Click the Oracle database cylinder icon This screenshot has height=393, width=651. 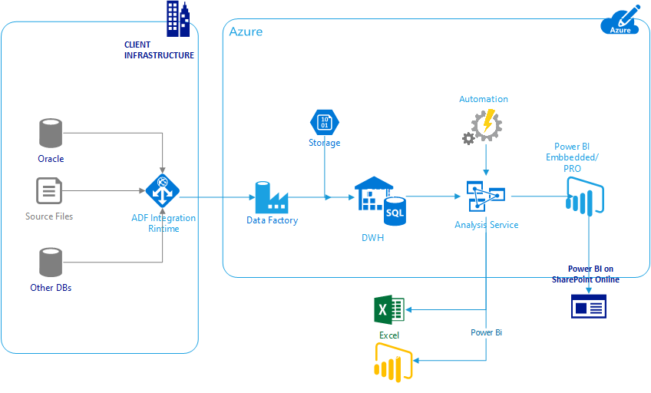(51, 133)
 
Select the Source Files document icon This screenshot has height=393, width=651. (48, 191)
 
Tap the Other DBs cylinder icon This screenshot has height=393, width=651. (51, 263)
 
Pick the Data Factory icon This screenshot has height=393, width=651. (270, 197)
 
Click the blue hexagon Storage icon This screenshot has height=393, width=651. (324, 122)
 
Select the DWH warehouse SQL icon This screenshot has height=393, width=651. (380, 202)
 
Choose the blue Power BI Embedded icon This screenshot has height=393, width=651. (587, 194)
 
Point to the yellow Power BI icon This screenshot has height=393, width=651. (392, 361)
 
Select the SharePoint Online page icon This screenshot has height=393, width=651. (588, 307)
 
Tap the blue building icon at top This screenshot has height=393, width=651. (177, 18)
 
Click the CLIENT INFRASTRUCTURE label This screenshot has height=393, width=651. (159, 51)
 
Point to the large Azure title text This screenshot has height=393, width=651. (246, 31)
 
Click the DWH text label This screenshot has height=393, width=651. (372, 238)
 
